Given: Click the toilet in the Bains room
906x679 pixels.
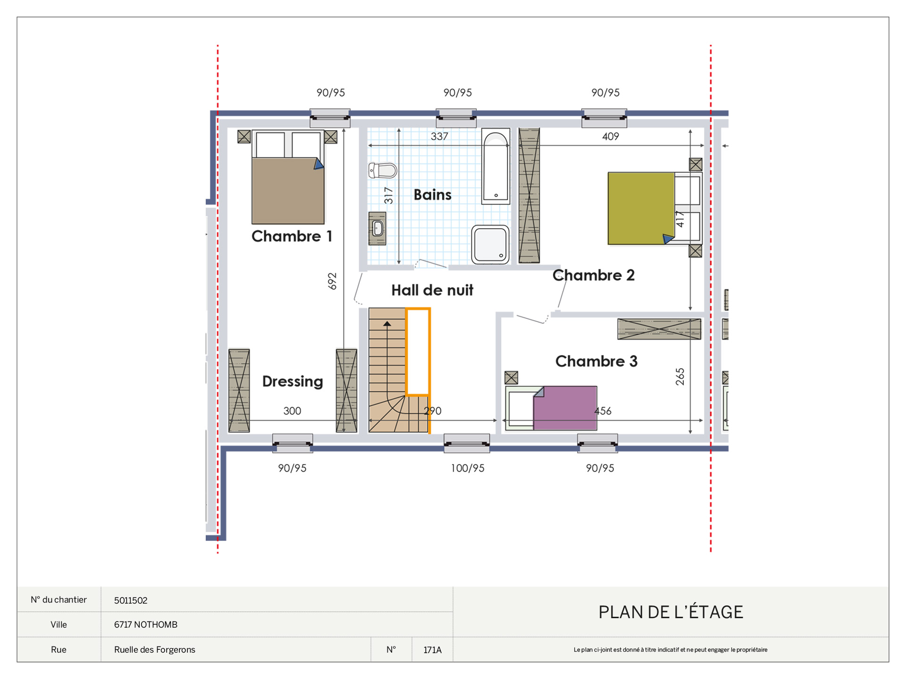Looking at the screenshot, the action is (383, 170).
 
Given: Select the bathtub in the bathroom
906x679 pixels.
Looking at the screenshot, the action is (495, 166).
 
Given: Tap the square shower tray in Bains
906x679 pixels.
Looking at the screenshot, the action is (490, 244).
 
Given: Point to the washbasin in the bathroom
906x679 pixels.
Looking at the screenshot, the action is (377, 229).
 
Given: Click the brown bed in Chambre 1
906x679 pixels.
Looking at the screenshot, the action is (288, 177).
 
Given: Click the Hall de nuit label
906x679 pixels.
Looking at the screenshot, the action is (432, 290).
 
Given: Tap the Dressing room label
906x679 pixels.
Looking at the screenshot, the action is (293, 381).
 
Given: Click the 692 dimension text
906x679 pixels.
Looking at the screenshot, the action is (332, 281).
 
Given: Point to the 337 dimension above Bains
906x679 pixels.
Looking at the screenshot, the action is (439, 136).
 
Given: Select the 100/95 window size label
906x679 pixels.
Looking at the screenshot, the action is (468, 468).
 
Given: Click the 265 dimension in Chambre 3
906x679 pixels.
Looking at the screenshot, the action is (680, 377).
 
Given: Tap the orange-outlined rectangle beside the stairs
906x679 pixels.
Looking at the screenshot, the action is (418, 351).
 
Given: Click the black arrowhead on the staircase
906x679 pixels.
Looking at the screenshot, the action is (387, 323).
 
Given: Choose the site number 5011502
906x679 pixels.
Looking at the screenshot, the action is (131, 600).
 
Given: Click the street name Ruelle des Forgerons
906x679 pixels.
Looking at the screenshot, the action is (155, 649).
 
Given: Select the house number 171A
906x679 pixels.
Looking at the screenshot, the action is (432, 650).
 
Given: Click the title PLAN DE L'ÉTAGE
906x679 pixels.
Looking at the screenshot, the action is (671, 612).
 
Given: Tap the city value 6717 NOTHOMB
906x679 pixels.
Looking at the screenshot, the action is (146, 624).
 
